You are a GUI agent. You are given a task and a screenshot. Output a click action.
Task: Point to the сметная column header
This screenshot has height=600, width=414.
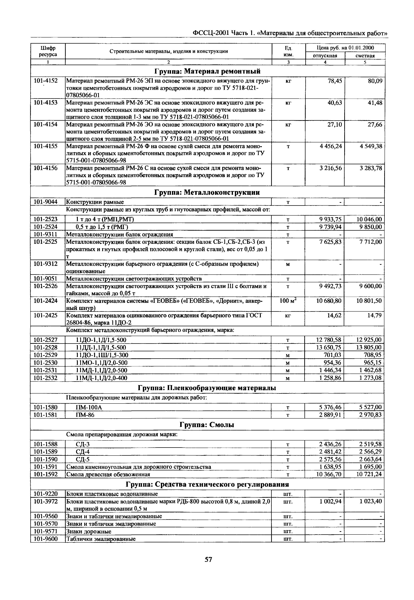point(365,56)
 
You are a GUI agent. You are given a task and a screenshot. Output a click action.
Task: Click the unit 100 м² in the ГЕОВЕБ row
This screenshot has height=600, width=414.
point(288,301)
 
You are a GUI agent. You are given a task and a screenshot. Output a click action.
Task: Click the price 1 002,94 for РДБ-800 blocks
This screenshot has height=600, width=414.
point(330,501)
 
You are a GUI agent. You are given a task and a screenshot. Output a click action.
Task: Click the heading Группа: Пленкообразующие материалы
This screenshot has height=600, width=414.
point(207,388)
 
